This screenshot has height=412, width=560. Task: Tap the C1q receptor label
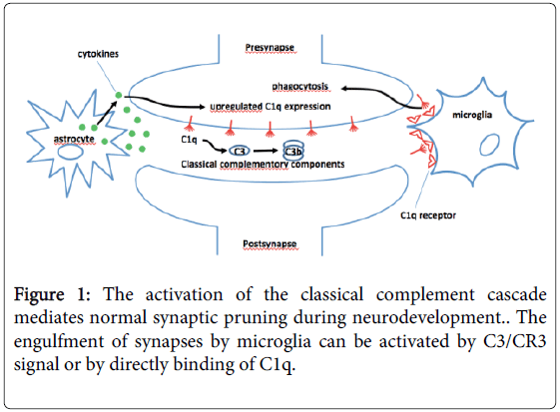click(x=422, y=212)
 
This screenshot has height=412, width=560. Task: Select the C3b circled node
click(x=293, y=151)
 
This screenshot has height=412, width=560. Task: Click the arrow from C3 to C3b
click(x=267, y=151)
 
